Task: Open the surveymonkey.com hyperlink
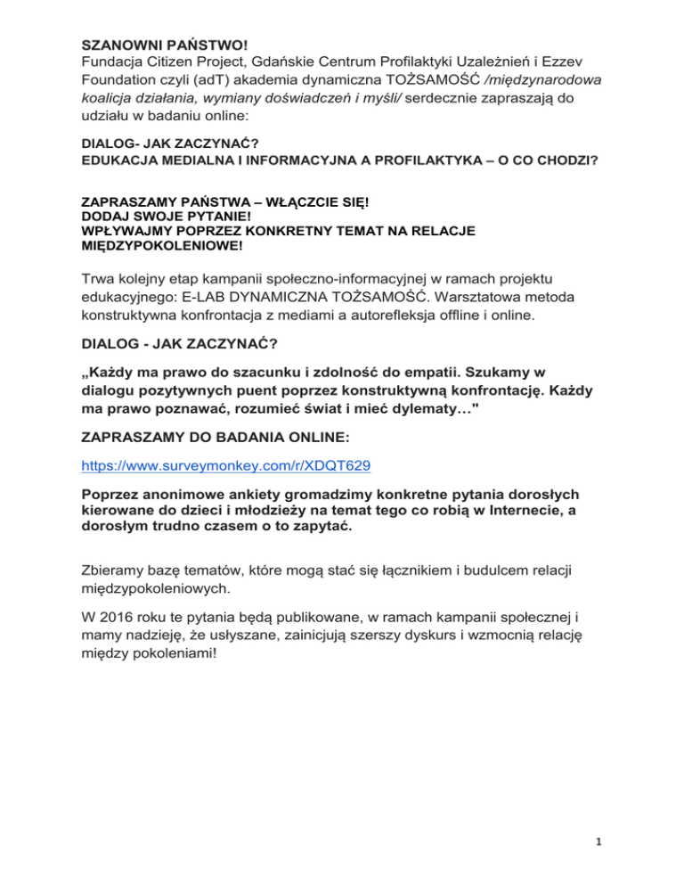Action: (226, 464)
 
